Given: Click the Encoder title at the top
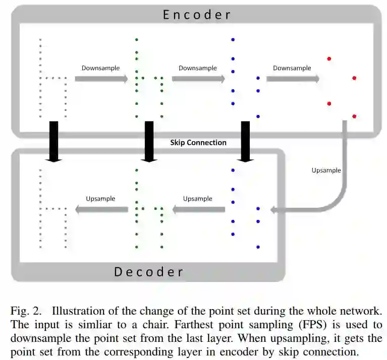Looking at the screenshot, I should click(197, 15).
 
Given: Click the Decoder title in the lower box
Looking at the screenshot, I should click(148, 272).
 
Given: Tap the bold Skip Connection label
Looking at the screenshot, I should click(198, 143).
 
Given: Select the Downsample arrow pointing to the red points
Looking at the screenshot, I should click(293, 78).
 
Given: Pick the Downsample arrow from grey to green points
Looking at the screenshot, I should click(101, 79).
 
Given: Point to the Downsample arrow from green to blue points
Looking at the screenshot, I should click(198, 79).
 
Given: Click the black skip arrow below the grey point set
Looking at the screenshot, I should click(53, 141).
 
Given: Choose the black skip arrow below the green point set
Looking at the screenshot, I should click(149, 141).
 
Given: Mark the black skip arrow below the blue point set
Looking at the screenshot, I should click(246, 141).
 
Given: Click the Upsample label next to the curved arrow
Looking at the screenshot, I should click(326, 170).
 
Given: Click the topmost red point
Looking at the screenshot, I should click(329, 59).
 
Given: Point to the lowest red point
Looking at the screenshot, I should click(354, 116).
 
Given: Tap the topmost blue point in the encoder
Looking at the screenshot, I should click(233, 39).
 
